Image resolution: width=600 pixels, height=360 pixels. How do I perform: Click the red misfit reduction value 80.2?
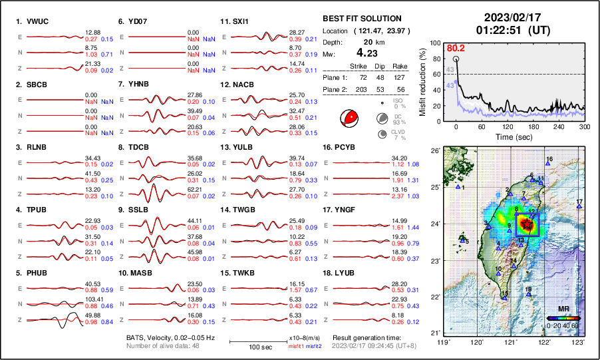pyautogui.click(x=456, y=48)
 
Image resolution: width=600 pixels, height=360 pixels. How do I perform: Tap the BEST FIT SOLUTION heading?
pyautogui.click(x=362, y=19)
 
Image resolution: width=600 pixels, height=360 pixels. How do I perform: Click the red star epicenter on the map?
pyautogui.click(x=527, y=224)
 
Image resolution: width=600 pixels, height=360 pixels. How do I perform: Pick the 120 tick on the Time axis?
pyautogui.click(x=508, y=126)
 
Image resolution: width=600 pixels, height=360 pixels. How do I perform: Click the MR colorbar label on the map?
pyautogui.click(x=563, y=309)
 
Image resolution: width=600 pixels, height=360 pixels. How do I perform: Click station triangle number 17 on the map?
pyautogui.click(x=579, y=207)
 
